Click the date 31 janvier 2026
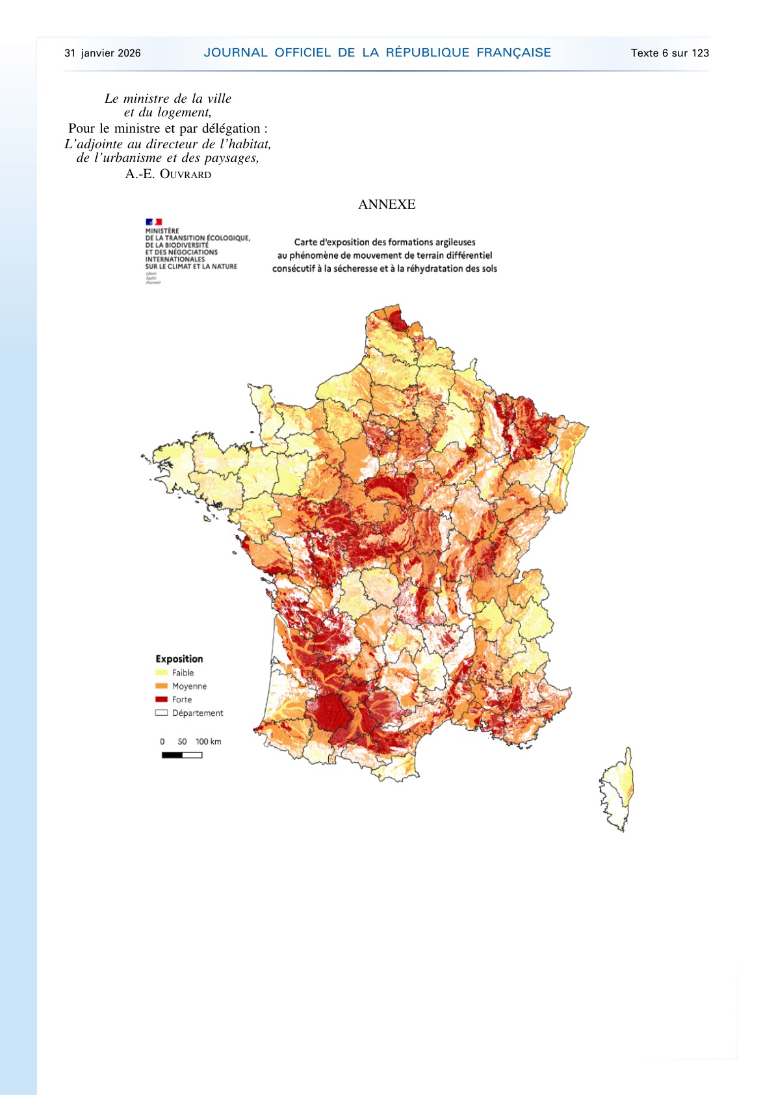tap(102, 53)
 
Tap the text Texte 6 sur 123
tap(669, 53)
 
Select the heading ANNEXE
tap(387, 204)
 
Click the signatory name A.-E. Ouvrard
tap(168, 174)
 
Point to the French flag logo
tap(153, 222)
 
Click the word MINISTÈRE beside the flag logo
tap(162, 231)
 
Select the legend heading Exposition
tap(179, 659)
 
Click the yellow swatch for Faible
tap(161, 673)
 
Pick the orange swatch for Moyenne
tap(161, 686)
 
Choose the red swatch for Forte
tap(161, 700)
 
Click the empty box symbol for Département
tap(161, 713)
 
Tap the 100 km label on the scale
tap(208, 742)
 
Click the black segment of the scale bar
tap(172, 755)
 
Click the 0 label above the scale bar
tap(162, 742)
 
